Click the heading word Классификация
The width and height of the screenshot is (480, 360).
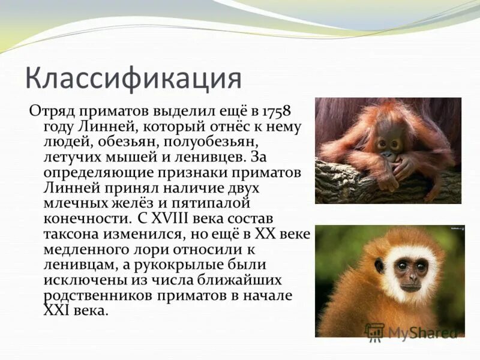click(133, 79)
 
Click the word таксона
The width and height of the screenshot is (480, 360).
click(70, 233)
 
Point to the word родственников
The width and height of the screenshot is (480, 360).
click(97, 295)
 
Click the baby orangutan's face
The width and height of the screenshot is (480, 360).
click(388, 144)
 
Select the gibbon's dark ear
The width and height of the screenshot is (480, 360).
click(379, 265)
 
